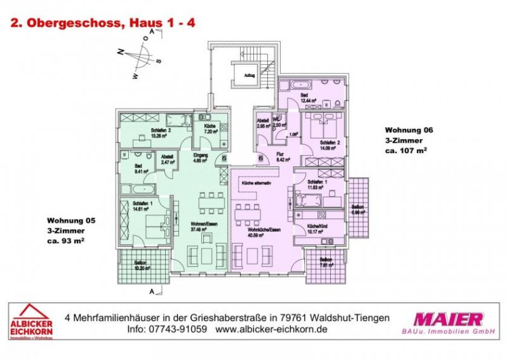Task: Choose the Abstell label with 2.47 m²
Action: (x=168, y=159)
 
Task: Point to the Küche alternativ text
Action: (x=255, y=183)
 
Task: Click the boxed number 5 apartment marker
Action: (x=224, y=159)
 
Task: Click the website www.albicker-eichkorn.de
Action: (x=271, y=330)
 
